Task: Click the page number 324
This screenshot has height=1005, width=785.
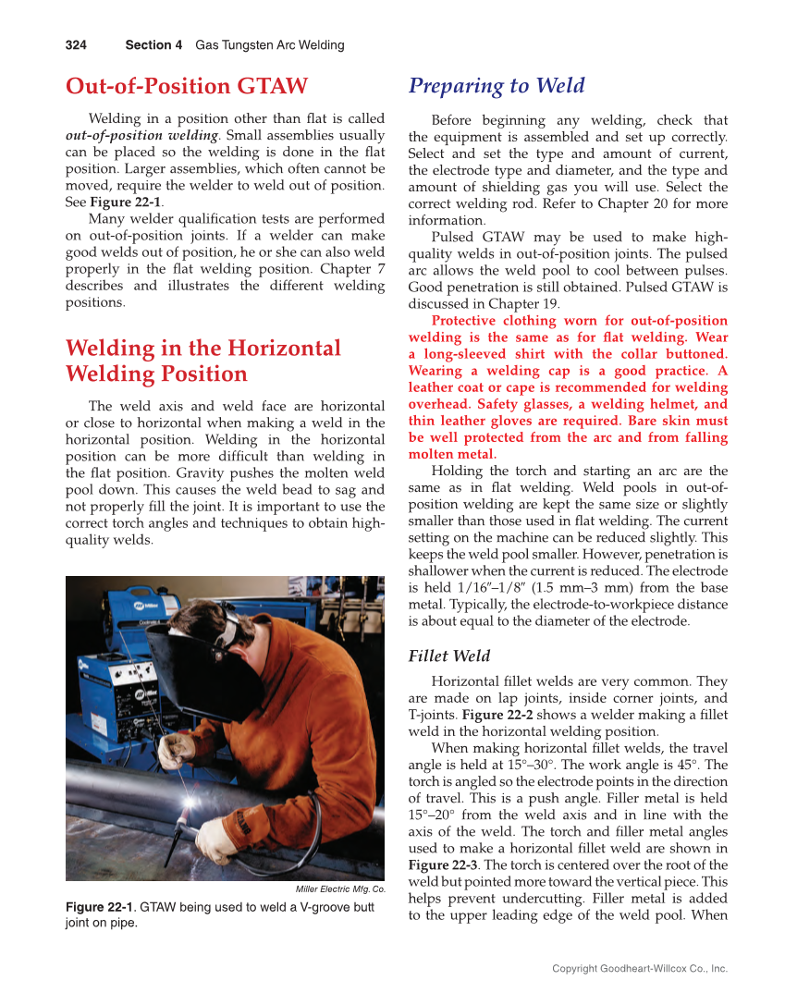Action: [76, 44]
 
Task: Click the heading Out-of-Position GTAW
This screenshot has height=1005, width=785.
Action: [186, 86]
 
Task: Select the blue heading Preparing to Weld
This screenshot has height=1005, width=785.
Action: [497, 86]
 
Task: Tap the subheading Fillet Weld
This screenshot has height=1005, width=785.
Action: [448, 656]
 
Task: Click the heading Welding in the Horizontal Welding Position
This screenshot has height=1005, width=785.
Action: [202, 361]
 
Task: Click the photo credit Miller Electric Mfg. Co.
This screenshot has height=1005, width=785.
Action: [339, 889]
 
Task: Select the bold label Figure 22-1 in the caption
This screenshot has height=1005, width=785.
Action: [99, 907]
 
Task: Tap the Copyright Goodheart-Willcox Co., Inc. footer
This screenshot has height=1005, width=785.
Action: [639, 968]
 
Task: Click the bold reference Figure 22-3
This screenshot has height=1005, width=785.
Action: [442, 864]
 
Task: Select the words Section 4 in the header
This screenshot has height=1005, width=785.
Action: [153, 44]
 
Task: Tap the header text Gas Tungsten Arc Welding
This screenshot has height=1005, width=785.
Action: [269, 44]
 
